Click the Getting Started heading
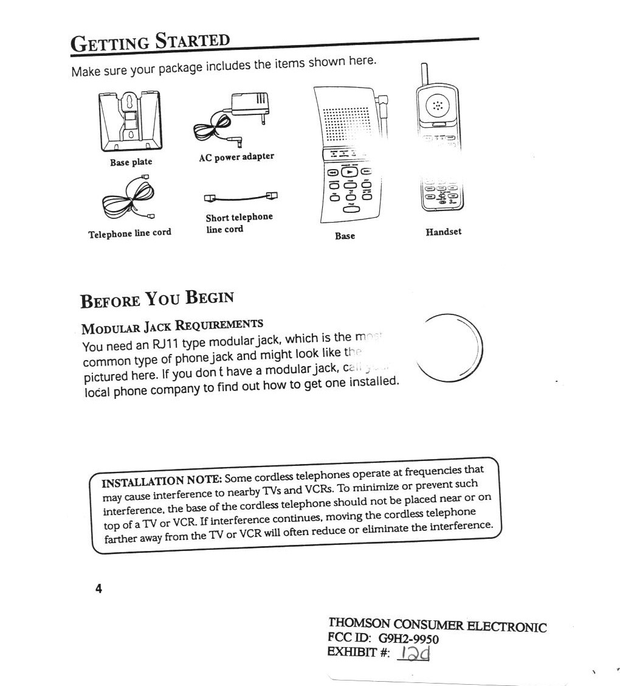tap(150, 43)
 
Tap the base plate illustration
tap(131, 122)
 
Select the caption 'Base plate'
tap(131, 162)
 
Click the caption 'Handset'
tap(443, 232)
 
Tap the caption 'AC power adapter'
tap(236, 157)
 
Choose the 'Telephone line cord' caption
tap(129, 234)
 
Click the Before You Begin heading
tap(157, 299)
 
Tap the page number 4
tap(98, 589)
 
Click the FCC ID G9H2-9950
tap(408, 639)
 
